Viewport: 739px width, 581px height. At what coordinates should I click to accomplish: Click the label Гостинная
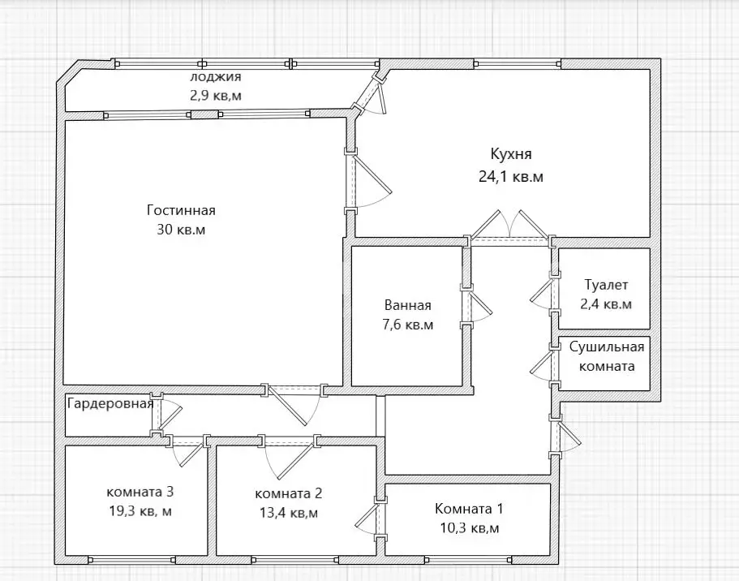tap(181, 210)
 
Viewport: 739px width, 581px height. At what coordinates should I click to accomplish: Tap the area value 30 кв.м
tap(181, 230)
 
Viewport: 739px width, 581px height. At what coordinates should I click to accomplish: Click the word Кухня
tap(511, 154)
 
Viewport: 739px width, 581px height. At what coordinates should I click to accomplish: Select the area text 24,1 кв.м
tap(511, 177)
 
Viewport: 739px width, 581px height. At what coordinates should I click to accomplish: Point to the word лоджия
tap(216, 77)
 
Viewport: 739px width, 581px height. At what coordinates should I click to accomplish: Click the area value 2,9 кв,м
tap(216, 96)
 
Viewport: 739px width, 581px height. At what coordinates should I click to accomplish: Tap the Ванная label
tap(408, 305)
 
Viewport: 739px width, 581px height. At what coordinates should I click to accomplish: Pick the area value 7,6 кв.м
tap(408, 325)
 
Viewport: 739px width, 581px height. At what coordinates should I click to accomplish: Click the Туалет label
tap(606, 285)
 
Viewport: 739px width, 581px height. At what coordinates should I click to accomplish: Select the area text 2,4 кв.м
tap(606, 304)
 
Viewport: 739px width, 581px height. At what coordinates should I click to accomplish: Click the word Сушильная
tap(607, 347)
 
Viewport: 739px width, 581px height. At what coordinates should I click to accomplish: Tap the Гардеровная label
tap(110, 403)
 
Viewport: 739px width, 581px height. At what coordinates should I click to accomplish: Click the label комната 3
tap(140, 492)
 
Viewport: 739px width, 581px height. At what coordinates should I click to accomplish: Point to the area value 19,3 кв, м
tap(140, 511)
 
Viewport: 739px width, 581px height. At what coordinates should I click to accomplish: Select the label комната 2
tap(289, 493)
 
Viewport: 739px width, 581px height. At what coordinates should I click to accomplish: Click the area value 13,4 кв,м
tap(289, 513)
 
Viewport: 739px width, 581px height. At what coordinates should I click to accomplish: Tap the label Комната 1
tap(469, 509)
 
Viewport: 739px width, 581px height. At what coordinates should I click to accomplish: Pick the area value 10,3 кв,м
tap(469, 528)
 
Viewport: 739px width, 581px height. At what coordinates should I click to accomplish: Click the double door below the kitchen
tap(510, 227)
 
